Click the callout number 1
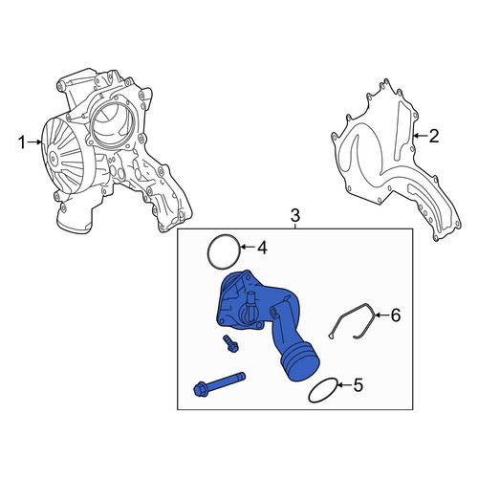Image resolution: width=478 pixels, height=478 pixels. click(21, 142)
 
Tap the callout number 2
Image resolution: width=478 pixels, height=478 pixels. click(434, 136)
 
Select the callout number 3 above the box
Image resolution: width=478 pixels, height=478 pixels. click(295, 216)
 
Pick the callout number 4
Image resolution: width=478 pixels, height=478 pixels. click(262, 248)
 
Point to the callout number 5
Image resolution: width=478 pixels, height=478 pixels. click(358, 385)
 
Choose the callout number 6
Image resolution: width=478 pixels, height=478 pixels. click(395, 315)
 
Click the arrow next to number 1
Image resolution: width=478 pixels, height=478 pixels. click(33, 142)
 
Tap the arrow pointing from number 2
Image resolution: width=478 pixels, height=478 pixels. click(420, 136)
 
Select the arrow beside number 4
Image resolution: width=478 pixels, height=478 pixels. click(248, 247)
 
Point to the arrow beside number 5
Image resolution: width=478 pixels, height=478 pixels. click(344, 385)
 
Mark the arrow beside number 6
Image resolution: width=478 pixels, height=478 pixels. click(381, 315)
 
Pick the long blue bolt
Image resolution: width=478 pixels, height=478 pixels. click(219, 382)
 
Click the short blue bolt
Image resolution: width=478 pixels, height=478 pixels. click(230, 344)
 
